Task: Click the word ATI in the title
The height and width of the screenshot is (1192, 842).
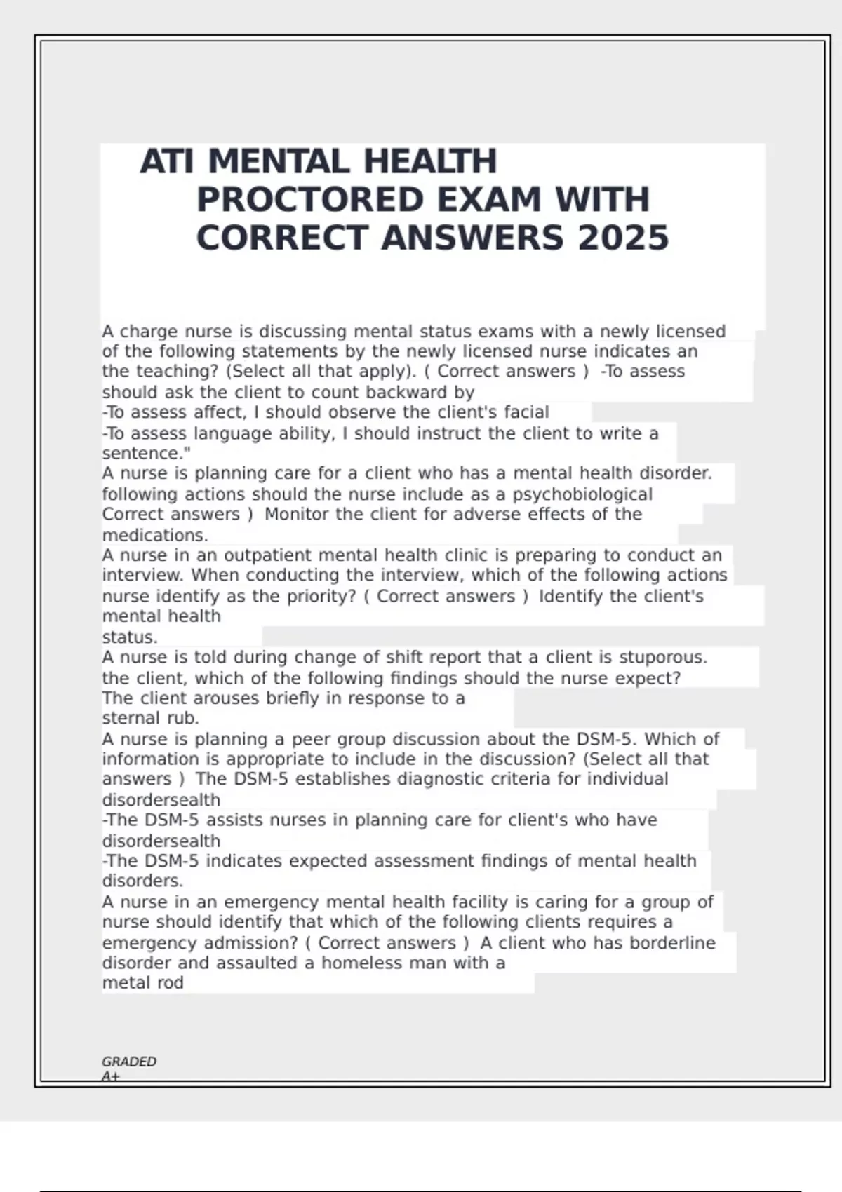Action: tap(166, 162)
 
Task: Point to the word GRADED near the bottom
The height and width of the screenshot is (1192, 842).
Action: tap(129, 1062)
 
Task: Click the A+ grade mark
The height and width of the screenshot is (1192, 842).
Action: tap(110, 1076)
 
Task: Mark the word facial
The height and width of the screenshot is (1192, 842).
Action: tap(526, 412)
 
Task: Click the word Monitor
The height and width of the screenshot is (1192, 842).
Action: tap(298, 514)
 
